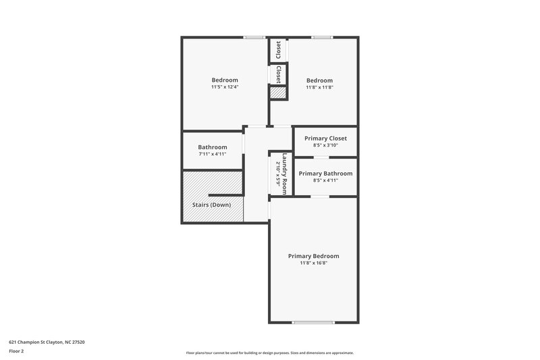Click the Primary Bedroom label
click(x=313, y=256)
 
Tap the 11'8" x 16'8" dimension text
click(x=313, y=263)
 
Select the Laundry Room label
click(x=285, y=174)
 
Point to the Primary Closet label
click(x=325, y=138)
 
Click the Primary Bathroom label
click(x=325, y=174)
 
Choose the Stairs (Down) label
click(x=211, y=205)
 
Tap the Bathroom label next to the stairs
click(x=212, y=147)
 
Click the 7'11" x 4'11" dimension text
click(x=212, y=155)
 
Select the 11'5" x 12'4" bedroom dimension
click(x=225, y=87)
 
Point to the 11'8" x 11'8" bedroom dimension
click(x=319, y=87)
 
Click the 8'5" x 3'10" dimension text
click(x=325, y=145)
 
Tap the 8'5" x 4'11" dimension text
click(x=325, y=180)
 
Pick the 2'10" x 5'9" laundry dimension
click(x=277, y=174)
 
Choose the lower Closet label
click(x=278, y=74)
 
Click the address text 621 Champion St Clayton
click(x=47, y=342)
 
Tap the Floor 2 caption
click(x=16, y=351)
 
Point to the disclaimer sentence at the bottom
click(x=269, y=353)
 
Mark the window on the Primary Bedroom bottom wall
click(x=313, y=322)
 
